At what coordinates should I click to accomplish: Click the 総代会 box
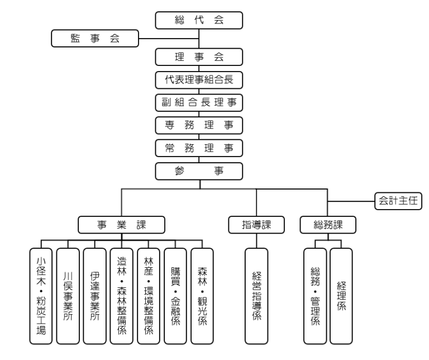point(199,20)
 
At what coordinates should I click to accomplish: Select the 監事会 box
point(94,39)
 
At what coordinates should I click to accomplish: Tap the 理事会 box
point(199,57)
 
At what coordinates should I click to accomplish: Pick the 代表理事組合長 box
point(199,80)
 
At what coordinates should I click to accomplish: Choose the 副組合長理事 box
point(199,103)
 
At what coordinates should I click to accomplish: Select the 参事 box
point(199,170)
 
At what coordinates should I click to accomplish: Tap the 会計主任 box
point(397,200)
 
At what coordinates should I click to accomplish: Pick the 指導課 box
point(256,225)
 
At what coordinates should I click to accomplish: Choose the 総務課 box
point(328,225)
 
